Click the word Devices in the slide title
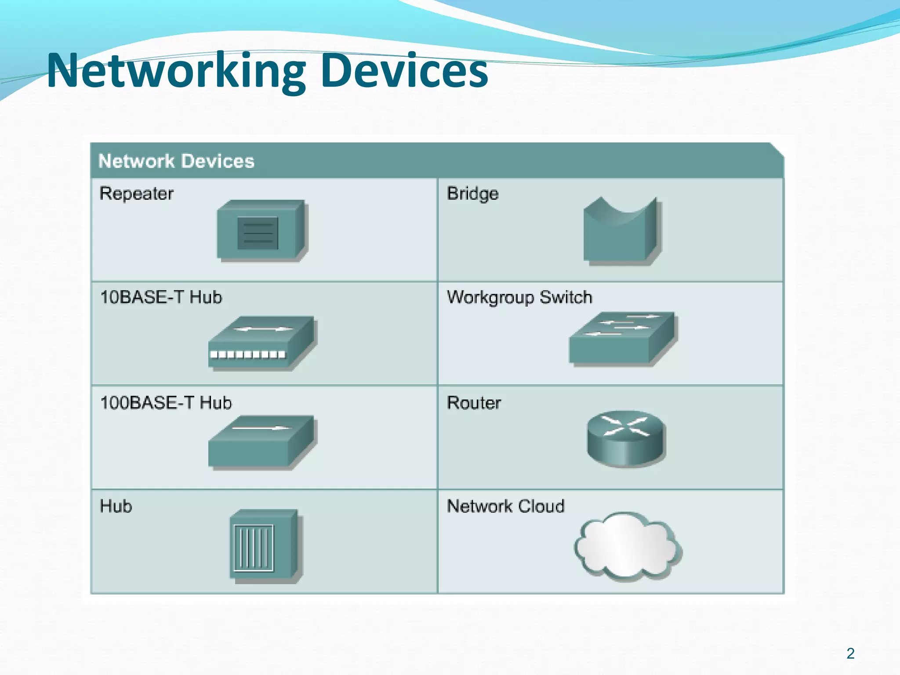[x=404, y=70]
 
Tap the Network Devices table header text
[x=176, y=161]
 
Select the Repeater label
[x=136, y=194]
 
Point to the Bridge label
[x=472, y=194]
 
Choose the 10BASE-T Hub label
[x=161, y=298]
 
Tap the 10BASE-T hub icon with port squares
[x=262, y=343]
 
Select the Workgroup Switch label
[x=519, y=298]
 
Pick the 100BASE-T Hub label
[x=166, y=403]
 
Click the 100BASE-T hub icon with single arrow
[x=262, y=442]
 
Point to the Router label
[x=474, y=403]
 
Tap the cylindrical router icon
[x=626, y=438]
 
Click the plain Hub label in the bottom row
[x=116, y=506]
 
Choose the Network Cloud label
[x=505, y=506]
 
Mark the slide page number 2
[x=850, y=653]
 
